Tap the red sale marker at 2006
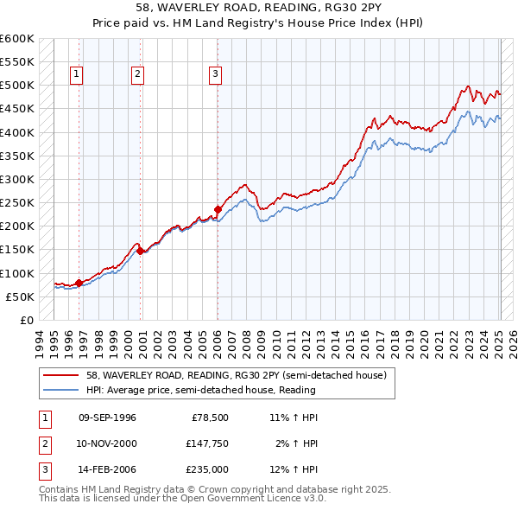click(x=218, y=208)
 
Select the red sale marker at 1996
click(x=79, y=283)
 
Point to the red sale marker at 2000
click(x=140, y=251)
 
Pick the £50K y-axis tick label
click(x=20, y=296)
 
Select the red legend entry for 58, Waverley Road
click(x=241, y=375)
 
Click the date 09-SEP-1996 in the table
click(x=107, y=418)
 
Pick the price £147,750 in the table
click(x=207, y=443)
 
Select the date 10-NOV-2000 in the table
click(x=107, y=443)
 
